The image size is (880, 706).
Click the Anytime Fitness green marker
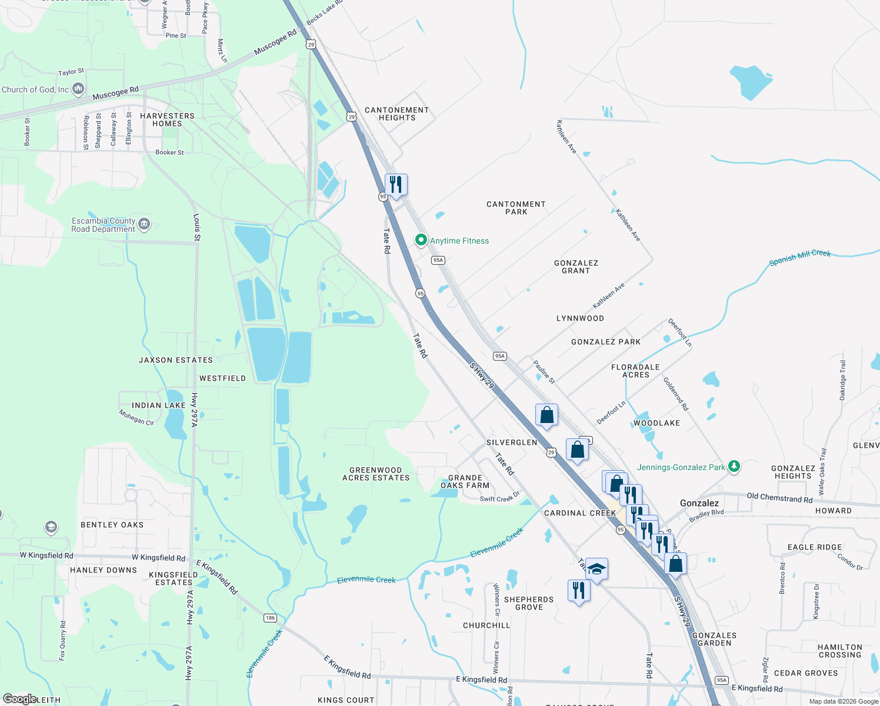pyautogui.click(x=421, y=240)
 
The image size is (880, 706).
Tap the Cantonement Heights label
pyautogui.click(x=397, y=114)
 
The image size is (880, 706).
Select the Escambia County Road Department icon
pyautogui.click(x=144, y=224)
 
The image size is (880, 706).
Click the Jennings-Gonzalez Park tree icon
pyautogui.click(x=734, y=467)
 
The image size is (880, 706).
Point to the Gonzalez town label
pyautogui.click(x=699, y=503)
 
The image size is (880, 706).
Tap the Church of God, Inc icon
pyautogui.click(x=78, y=89)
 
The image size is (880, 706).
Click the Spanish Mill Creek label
pyautogui.click(x=800, y=257)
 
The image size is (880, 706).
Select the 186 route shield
pyautogui.click(x=270, y=618)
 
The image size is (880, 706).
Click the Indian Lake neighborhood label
pyautogui.click(x=158, y=405)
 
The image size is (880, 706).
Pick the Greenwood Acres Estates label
pyautogui.click(x=376, y=474)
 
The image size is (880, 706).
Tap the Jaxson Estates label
pyautogui.click(x=176, y=360)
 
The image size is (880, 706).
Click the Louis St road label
pyautogui.click(x=197, y=227)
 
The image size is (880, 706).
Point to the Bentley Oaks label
pyautogui.click(x=112, y=525)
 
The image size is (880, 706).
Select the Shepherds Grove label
pyautogui.click(x=529, y=603)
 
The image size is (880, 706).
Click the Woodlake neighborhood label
pyautogui.click(x=656, y=423)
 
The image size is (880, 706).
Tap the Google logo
pyautogui.click(x=20, y=699)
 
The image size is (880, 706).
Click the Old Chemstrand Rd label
pyautogui.click(x=779, y=498)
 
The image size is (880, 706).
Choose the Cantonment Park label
pyautogui.click(x=516, y=208)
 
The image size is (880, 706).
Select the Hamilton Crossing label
pyautogui.click(x=839, y=651)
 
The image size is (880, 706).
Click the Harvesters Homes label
pyautogui.click(x=167, y=119)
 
